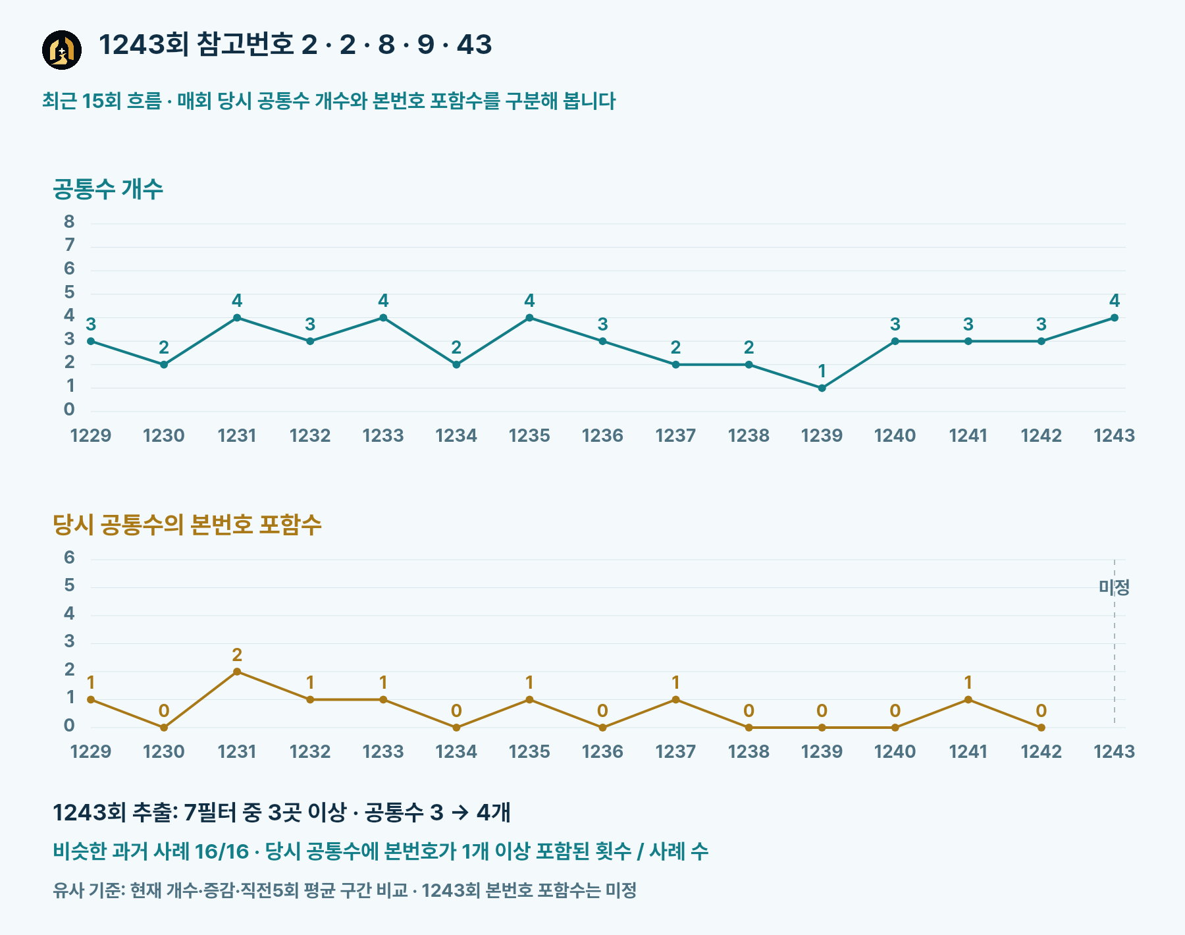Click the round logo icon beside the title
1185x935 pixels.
(62, 50)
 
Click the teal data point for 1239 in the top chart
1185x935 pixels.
(822, 388)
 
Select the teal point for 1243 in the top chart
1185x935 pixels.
(1114, 318)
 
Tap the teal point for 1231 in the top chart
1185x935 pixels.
(237, 318)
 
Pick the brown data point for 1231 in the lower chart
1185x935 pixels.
(237, 672)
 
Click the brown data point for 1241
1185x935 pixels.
(968, 700)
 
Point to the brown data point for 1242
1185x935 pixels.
(1041, 728)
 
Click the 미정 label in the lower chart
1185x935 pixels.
(1114, 587)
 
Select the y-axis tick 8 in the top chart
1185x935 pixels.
(69, 222)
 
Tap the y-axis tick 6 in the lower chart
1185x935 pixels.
(69, 558)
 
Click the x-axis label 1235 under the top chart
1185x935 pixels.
(529, 435)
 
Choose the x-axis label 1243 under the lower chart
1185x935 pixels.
(1114, 751)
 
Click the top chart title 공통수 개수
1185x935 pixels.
(108, 189)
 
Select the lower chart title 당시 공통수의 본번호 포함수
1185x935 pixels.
(187, 525)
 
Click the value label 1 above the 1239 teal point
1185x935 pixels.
(822, 371)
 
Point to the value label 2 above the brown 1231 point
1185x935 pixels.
(237, 654)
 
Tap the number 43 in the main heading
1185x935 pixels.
(474, 45)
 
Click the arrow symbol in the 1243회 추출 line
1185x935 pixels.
(460, 813)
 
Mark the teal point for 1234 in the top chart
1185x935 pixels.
(456, 365)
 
